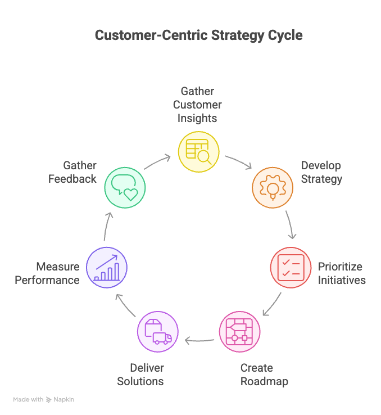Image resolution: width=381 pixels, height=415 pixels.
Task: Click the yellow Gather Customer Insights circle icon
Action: [x=198, y=151]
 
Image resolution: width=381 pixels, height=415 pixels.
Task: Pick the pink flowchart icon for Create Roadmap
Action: [x=239, y=332]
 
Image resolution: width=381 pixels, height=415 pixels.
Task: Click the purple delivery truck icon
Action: [x=158, y=332]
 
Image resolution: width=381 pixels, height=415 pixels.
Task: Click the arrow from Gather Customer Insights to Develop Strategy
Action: [x=238, y=161]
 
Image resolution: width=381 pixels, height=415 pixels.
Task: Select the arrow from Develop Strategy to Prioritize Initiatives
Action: [x=291, y=225]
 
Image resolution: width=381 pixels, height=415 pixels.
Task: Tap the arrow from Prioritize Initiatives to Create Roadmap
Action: [x=273, y=304]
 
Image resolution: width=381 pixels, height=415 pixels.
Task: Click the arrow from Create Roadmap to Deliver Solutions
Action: [x=199, y=340]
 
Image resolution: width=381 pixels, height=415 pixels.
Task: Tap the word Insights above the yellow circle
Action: [x=197, y=118]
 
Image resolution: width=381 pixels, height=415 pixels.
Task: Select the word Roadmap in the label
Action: [x=264, y=382]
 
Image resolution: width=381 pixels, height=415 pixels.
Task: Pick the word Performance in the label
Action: [x=47, y=280]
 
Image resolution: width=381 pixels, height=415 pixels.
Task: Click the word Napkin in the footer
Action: [x=64, y=400]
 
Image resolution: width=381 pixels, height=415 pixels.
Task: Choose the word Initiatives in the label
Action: [x=342, y=280]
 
